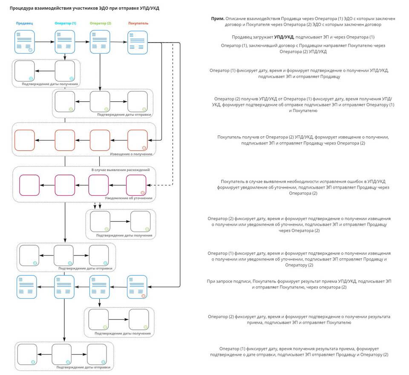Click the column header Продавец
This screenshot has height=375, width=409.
coord(24,23)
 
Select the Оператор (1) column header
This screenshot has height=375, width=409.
coord(65,23)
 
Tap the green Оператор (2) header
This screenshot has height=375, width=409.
coord(101,23)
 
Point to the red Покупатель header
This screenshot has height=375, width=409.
coord(138,23)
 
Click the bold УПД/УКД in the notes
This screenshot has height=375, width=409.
coord(284,37)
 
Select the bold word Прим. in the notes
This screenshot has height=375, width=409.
coord(218,18)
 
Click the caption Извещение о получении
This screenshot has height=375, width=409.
coord(131,154)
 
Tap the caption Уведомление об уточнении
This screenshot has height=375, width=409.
coord(129,198)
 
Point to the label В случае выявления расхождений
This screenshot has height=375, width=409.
coord(121,170)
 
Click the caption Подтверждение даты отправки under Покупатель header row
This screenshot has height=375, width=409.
coord(124,115)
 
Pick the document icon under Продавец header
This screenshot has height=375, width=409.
coord(25,42)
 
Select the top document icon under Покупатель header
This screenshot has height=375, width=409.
coord(138,43)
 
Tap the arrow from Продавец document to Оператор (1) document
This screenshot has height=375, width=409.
coord(45,42)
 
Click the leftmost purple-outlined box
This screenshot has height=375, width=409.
coord(29,185)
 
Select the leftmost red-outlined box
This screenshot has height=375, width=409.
coord(25,140)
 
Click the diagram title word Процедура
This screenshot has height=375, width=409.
coord(21,9)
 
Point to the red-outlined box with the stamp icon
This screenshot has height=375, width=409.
coord(138,140)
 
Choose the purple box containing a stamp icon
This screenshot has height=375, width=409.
coord(136,185)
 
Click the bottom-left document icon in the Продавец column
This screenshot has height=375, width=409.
coord(27,287)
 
